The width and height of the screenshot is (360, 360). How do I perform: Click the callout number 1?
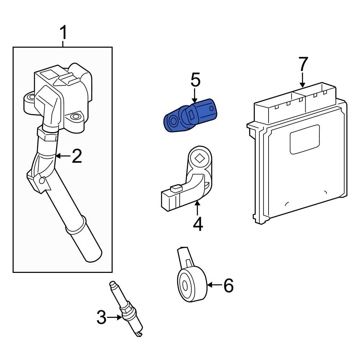(x=63, y=33)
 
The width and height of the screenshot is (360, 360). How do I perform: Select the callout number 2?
(x=77, y=156)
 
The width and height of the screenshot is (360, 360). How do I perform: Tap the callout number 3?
(x=102, y=318)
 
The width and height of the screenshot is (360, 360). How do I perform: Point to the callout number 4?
(x=198, y=224)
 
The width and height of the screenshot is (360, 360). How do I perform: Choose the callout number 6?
(x=228, y=285)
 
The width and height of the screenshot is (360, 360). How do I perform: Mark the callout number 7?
(x=303, y=64)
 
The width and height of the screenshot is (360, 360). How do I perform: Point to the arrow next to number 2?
(x=63, y=156)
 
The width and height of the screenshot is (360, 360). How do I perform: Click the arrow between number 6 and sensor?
(x=215, y=285)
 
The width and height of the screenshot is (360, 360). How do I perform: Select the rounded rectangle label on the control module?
(x=305, y=139)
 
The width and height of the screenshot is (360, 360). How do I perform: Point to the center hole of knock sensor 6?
(x=185, y=287)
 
